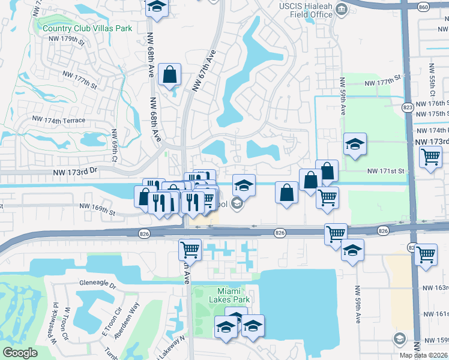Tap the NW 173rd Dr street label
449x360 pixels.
coord(73,172)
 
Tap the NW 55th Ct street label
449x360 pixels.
coord(431,82)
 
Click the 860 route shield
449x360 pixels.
coord(424,7)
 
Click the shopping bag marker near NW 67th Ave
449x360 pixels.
coord(170,75)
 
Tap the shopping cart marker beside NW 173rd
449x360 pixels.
coord(431,157)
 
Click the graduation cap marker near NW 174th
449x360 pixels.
coord(355,144)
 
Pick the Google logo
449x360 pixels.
coord(20,353)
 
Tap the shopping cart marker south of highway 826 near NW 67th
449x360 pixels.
coord(190,248)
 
